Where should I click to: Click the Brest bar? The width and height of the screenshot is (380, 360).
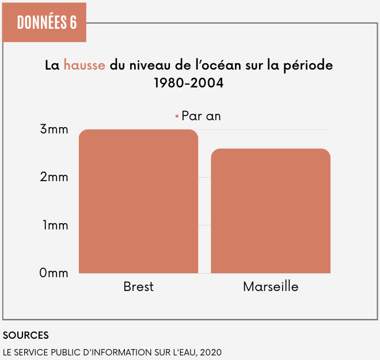(138, 201)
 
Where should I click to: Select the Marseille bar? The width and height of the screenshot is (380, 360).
(271, 210)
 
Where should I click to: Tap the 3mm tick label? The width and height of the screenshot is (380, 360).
(54, 130)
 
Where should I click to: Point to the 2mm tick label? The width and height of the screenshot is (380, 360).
(54, 178)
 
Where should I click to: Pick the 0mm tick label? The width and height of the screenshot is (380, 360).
(54, 273)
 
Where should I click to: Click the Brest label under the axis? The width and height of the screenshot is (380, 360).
(138, 286)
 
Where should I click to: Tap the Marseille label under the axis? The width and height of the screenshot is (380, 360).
(271, 286)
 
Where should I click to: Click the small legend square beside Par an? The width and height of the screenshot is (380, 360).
(177, 116)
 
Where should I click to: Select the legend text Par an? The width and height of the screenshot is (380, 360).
(201, 116)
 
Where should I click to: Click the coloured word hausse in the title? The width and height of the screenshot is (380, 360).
(84, 65)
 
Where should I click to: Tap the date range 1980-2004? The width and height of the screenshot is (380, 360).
(189, 83)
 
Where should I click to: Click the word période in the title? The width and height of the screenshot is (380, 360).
(309, 65)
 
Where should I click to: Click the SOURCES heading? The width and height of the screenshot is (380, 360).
(26, 335)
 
